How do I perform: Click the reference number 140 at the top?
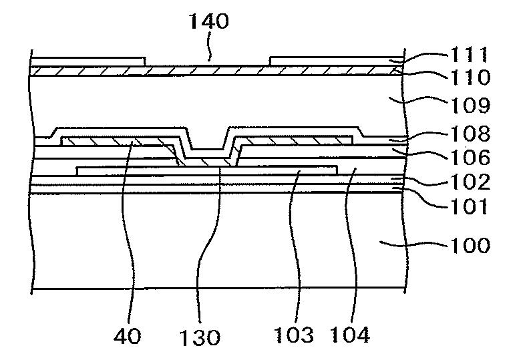tap(209, 21)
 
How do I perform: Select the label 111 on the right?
tap(470, 55)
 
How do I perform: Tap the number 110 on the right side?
tap(469, 77)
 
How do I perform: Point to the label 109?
tap(470, 106)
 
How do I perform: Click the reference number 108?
tap(470, 134)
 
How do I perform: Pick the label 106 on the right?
tap(470, 157)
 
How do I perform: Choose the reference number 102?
tap(470, 182)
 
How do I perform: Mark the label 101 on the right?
tap(469, 206)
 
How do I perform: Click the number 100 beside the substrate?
tap(470, 245)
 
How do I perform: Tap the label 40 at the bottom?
tap(127, 336)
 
